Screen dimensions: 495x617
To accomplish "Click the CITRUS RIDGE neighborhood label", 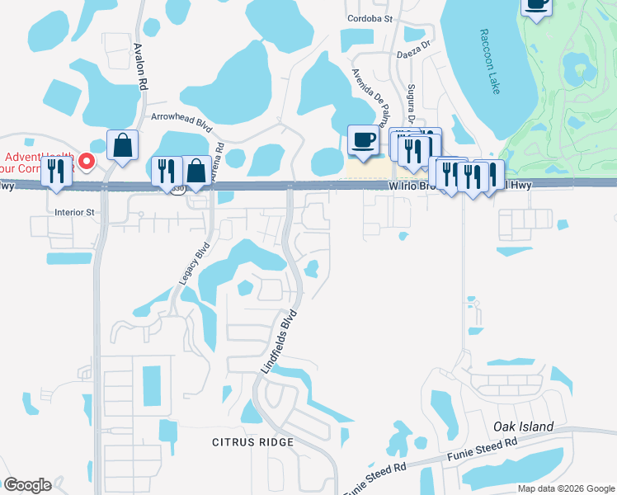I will coord(251,443).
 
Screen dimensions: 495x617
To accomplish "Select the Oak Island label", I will coord(523,427).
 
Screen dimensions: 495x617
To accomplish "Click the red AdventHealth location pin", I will coord(88,158).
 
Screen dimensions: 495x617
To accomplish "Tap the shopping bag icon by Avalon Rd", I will coord(122,146).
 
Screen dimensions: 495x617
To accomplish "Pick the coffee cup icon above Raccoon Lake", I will coord(536,5).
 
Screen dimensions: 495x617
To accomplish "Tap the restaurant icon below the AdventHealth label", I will coord(56,171).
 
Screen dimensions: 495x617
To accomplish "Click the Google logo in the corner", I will coord(26,485).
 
